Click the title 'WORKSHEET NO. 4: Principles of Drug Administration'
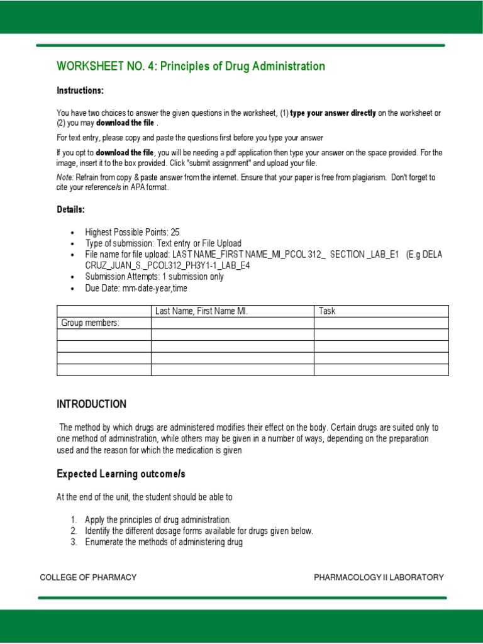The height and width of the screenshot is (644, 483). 191,67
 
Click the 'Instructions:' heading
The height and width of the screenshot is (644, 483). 80,91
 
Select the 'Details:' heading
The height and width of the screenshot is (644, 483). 70,209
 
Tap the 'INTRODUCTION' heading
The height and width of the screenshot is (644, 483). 91,404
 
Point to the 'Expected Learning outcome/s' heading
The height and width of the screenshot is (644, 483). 121,474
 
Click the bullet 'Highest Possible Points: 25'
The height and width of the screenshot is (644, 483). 132,232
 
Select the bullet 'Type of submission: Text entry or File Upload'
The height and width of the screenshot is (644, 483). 163,243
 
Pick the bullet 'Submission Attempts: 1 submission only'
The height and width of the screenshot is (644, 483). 154,277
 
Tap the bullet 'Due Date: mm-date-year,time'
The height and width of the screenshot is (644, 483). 136,288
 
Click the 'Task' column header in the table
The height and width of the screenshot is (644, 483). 327,311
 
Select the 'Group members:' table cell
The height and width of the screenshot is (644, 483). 90,323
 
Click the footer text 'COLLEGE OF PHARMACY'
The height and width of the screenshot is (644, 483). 88,577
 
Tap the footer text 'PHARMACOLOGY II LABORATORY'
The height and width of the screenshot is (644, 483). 379,577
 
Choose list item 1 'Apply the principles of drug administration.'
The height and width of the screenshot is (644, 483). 158,519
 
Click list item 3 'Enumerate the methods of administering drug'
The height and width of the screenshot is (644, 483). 164,542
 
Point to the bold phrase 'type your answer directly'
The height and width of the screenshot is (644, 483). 333,113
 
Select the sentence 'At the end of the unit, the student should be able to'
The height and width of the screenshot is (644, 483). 145,497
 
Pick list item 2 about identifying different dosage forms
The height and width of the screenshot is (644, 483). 199,531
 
